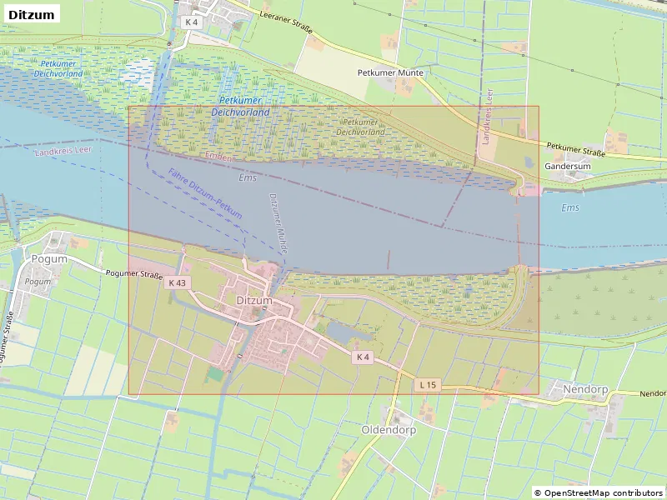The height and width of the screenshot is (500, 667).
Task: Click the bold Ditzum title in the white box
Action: (31, 15)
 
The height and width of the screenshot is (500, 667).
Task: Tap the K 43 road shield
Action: (178, 282)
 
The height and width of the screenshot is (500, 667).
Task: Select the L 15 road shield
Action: (428, 384)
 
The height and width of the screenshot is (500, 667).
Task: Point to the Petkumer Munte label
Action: (390, 72)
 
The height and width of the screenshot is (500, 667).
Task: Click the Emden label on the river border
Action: (218, 156)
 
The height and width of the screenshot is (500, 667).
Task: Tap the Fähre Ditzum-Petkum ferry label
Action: (204, 194)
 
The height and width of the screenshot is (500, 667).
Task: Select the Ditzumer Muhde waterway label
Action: (278, 218)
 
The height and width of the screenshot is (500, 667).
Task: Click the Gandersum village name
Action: (567, 166)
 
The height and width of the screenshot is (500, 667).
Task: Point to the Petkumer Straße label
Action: (575, 149)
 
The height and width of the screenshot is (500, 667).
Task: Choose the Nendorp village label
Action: (585, 389)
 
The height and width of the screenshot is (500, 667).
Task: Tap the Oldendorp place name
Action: (389, 429)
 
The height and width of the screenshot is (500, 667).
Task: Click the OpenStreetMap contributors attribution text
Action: (598, 492)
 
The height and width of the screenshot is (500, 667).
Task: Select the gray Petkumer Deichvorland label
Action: (361, 127)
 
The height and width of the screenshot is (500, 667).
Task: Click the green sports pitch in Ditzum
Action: (214, 374)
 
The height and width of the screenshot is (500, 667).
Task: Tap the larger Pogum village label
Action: (48, 258)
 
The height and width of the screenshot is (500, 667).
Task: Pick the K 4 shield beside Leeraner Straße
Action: (191, 22)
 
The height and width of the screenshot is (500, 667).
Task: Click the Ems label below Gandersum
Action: (570, 207)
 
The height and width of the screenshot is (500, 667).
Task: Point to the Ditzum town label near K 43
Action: (254, 300)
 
